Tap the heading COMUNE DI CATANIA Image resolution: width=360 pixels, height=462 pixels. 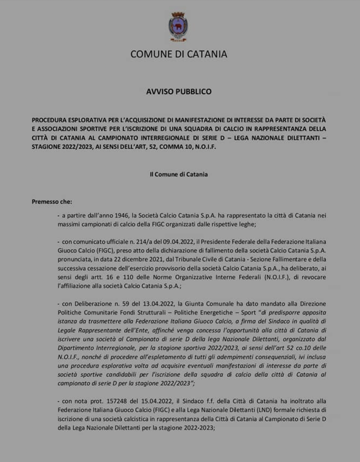click(x=179, y=54)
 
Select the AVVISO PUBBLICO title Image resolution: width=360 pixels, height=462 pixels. click(x=179, y=92)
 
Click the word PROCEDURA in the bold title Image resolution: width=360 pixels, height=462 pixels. click(x=49, y=120)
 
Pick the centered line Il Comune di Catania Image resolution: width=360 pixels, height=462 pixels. click(x=179, y=174)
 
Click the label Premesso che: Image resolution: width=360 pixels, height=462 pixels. click(x=52, y=202)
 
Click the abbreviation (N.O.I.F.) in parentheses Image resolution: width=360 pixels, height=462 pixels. click(x=277, y=277)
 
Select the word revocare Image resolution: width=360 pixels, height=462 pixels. click(x=314, y=277)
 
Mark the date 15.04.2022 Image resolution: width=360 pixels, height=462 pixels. click(x=157, y=401)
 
